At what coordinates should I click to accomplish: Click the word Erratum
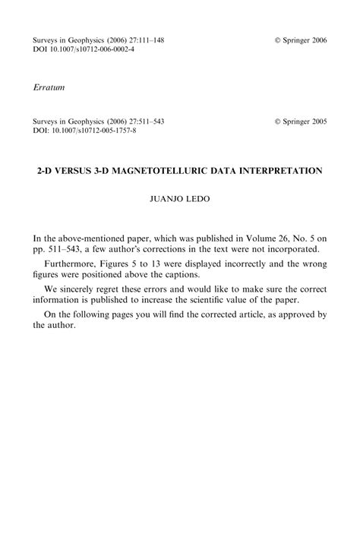click(49, 88)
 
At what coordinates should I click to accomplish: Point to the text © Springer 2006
click(301, 39)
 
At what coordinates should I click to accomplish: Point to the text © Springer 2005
click(301, 121)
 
